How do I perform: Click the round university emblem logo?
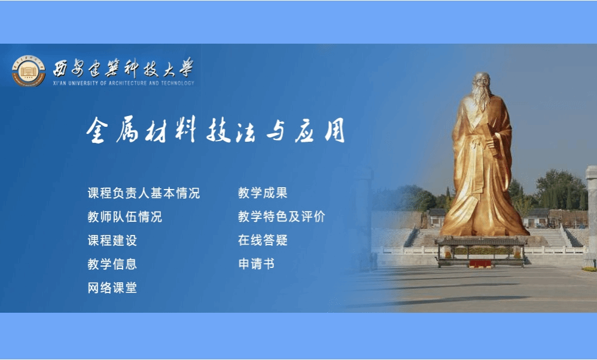(29, 71)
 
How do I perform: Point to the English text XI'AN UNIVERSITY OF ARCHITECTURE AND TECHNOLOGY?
(123, 83)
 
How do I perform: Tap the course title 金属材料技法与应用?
(215, 130)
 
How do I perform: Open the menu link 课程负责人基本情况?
(144, 193)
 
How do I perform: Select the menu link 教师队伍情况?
(124, 216)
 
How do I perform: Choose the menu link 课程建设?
(112, 240)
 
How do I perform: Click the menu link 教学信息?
(112, 264)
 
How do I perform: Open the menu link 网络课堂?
(112, 288)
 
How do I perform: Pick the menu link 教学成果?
(263, 193)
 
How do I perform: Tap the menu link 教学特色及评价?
(281, 216)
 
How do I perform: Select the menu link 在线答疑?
(263, 240)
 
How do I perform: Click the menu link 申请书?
(256, 264)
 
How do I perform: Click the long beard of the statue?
(482, 99)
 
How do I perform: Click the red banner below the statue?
(480, 263)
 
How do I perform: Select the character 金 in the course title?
(97, 130)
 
